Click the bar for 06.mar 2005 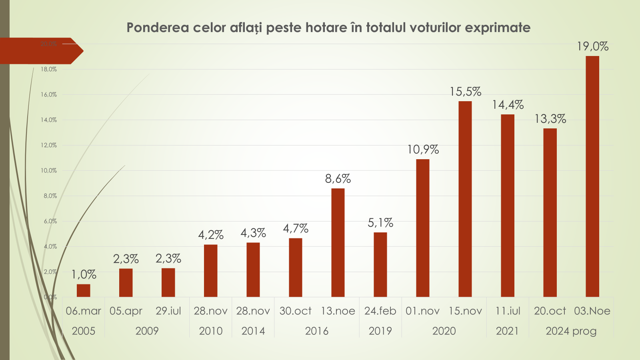tap(83, 290)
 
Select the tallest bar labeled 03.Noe tap(592, 176)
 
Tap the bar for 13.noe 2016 tap(338, 242)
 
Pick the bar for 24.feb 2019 tap(380, 264)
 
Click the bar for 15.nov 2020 tap(465, 199)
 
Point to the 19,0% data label tap(592, 46)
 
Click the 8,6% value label tap(338, 178)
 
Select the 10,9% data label tap(423, 150)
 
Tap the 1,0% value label tap(84, 274)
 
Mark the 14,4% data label tap(508, 105)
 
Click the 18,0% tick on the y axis tap(49, 69)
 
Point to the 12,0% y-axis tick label tap(49, 145)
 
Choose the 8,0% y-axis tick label tap(50, 196)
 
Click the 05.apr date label tap(126, 311)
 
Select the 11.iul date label tap(508, 311)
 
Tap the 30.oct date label tap(295, 311)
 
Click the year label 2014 tap(253, 331)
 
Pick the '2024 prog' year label tap(571, 331)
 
